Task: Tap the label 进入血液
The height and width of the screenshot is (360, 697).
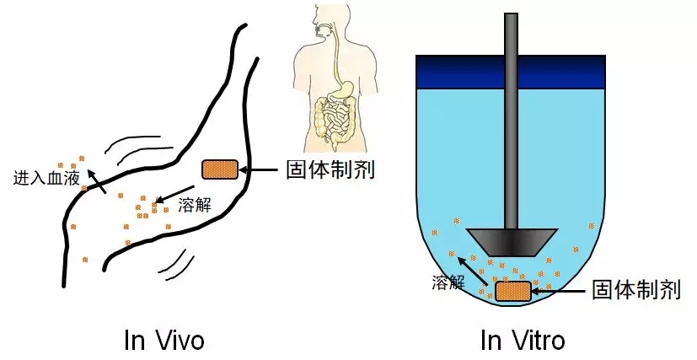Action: click(x=46, y=179)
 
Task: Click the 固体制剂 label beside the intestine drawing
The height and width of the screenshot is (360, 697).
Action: click(x=331, y=169)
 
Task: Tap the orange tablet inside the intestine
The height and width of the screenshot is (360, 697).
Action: click(x=220, y=169)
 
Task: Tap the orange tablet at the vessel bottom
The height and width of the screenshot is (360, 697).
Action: click(x=512, y=291)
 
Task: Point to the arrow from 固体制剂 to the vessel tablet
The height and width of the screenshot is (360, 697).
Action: click(x=561, y=291)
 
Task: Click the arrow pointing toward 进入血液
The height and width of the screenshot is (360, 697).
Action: click(x=98, y=180)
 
